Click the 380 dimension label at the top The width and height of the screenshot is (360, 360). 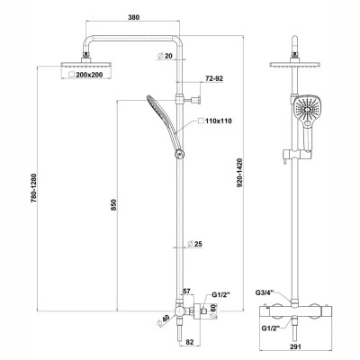click(x=133, y=17)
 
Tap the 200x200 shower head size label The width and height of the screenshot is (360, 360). click(x=89, y=75)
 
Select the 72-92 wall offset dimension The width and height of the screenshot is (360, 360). click(x=214, y=78)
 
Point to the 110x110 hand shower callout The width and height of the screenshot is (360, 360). click(x=219, y=121)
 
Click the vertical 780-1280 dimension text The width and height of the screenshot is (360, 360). click(x=33, y=188)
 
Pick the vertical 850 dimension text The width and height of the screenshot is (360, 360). click(x=113, y=204)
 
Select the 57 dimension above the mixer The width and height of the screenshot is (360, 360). click(x=186, y=291)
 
